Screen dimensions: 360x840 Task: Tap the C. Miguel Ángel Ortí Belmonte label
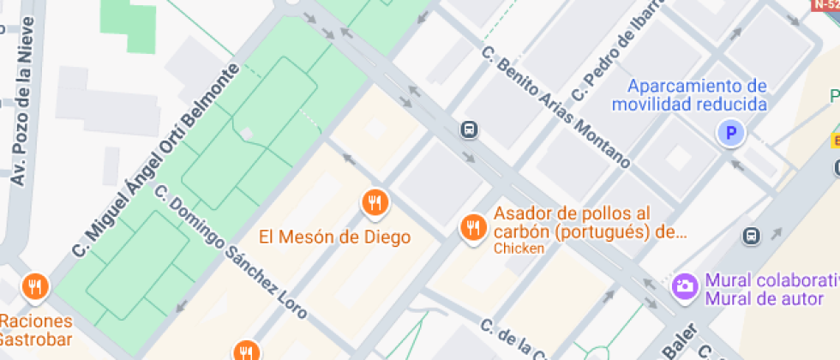coord(155,160)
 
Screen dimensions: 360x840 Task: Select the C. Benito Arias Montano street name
coord(555,106)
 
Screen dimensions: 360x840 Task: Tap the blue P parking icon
coord(731,133)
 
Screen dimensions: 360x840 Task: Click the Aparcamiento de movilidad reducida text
coord(689,95)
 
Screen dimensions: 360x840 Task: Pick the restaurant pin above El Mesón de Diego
coord(375,203)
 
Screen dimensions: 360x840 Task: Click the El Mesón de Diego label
coord(335,237)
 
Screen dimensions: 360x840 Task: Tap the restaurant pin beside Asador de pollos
coord(472,228)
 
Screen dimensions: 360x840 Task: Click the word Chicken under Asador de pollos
coord(519,249)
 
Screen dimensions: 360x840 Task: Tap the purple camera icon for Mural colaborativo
coord(684,285)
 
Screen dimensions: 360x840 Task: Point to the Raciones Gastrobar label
coord(36,330)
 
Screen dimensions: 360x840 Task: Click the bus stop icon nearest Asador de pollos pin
coord(469,130)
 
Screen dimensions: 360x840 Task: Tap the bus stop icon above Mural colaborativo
coord(752,235)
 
